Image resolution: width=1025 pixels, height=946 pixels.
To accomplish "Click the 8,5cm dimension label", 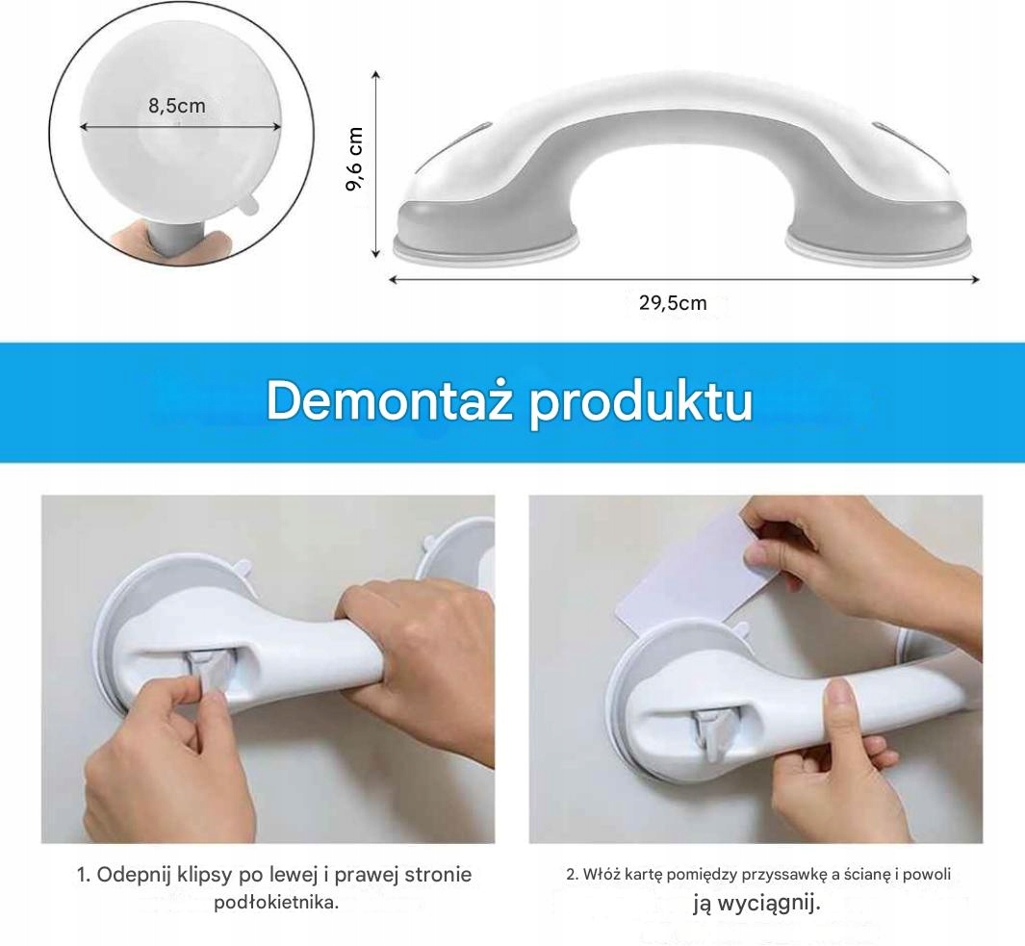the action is point(177,105).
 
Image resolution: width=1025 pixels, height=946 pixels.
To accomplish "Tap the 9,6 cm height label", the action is point(355,159).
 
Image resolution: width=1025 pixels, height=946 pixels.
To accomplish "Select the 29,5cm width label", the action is point(674,303).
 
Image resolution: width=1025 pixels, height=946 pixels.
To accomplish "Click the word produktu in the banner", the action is point(641,403).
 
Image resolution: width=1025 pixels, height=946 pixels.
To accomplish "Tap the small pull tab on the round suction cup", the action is point(247,203).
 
